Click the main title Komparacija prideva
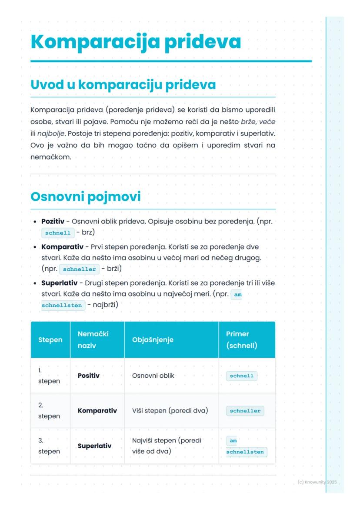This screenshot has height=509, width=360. (x=136, y=42)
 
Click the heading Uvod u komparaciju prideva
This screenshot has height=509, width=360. (x=123, y=85)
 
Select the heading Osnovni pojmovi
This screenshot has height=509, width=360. (x=86, y=196)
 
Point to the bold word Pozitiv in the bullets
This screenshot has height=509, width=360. (x=53, y=222)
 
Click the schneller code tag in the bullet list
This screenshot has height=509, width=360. (x=79, y=269)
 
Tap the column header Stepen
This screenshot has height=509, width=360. (x=50, y=340)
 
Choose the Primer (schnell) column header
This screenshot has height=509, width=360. (x=241, y=339)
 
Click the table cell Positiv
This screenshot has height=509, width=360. (x=88, y=376)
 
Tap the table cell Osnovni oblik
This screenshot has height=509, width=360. (x=153, y=376)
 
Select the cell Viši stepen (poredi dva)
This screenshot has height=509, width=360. (x=170, y=411)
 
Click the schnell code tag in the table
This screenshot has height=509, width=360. (x=241, y=376)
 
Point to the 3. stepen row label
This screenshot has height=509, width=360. (x=49, y=446)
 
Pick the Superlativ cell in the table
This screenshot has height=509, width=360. (x=94, y=446)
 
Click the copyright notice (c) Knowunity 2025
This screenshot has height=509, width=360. (x=317, y=482)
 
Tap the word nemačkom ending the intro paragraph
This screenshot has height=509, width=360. (x=50, y=157)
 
